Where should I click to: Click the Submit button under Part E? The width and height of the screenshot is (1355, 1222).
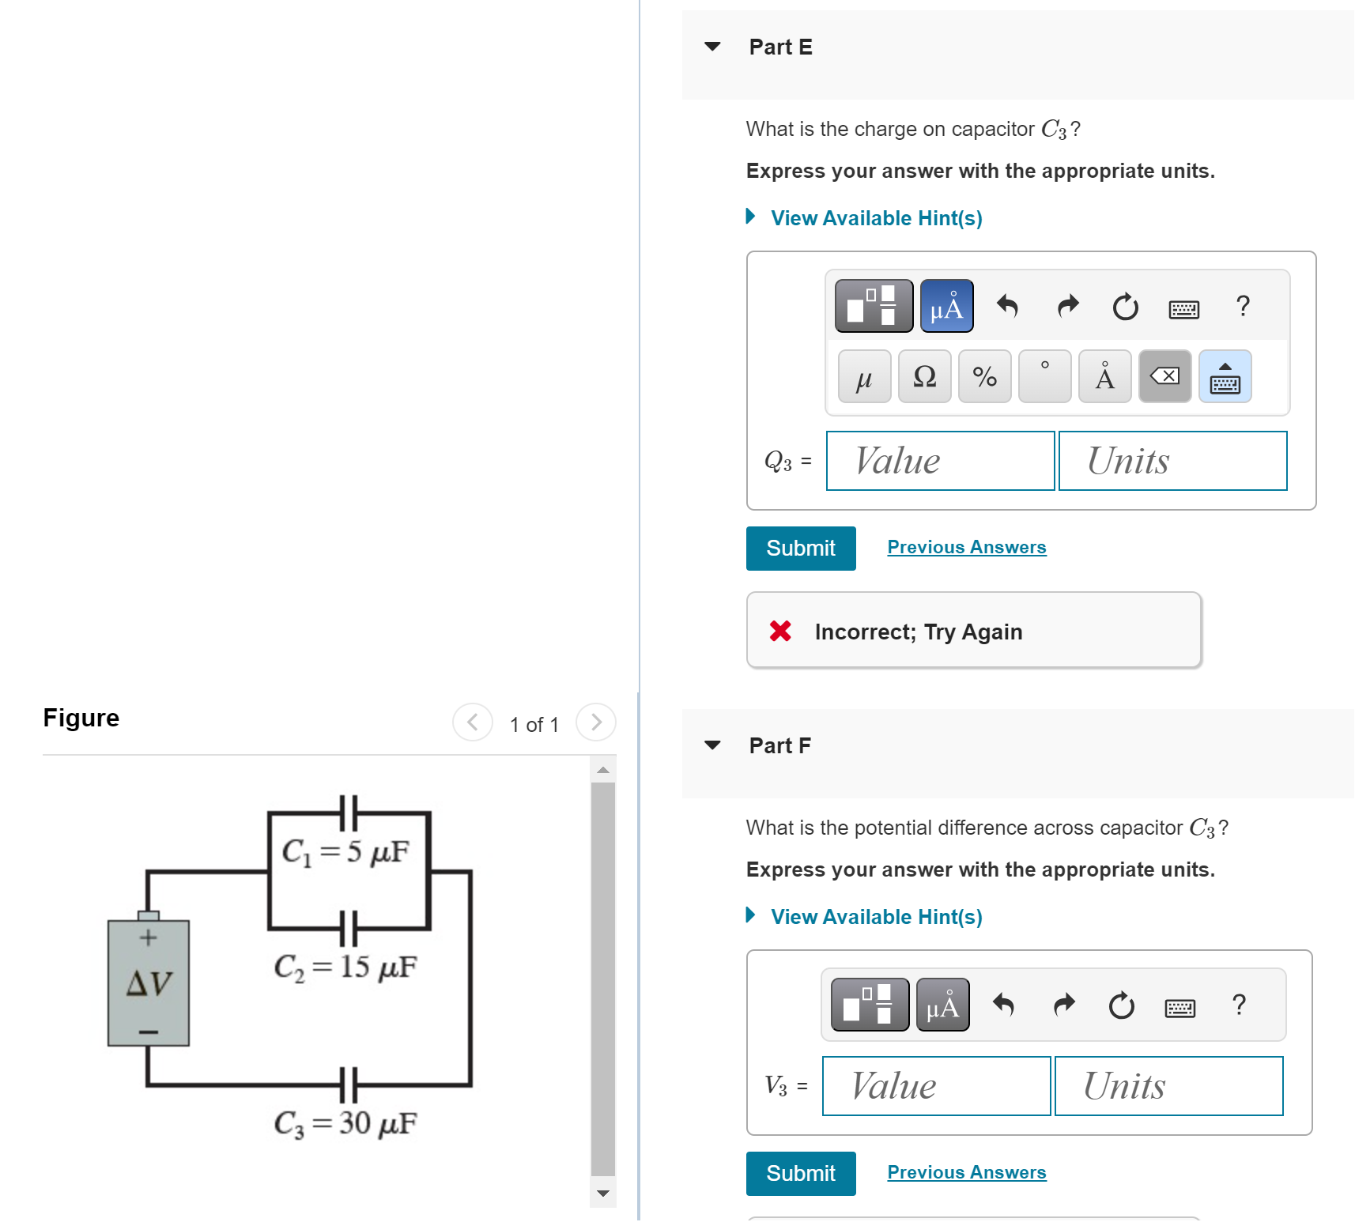point(800,548)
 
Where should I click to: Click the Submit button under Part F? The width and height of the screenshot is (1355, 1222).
point(800,1173)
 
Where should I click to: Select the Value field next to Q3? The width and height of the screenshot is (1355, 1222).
point(939,461)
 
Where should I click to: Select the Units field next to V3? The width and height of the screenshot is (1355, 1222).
point(1168,1086)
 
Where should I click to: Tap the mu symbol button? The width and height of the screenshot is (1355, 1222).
point(864,377)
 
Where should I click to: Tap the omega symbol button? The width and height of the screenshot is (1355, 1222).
point(924,377)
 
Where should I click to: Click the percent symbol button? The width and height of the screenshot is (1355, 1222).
point(984,377)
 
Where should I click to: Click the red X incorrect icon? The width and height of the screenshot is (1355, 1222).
point(780,631)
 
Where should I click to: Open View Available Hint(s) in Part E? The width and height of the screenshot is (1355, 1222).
point(875,218)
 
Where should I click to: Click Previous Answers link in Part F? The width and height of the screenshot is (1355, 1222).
point(966,1172)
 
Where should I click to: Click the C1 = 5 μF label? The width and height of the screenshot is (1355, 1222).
point(345,852)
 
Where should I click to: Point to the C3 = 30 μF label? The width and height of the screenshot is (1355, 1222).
point(345,1123)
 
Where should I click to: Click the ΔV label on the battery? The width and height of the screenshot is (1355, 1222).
point(149,983)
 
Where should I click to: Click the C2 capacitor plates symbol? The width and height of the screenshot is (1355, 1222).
point(349,928)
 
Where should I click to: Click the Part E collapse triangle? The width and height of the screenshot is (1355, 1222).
point(712,47)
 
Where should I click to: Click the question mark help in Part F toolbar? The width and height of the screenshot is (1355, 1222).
point(1239,1005)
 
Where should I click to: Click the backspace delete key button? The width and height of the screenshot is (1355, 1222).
point(1164,377)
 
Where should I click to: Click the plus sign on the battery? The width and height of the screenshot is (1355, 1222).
point(149,938)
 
